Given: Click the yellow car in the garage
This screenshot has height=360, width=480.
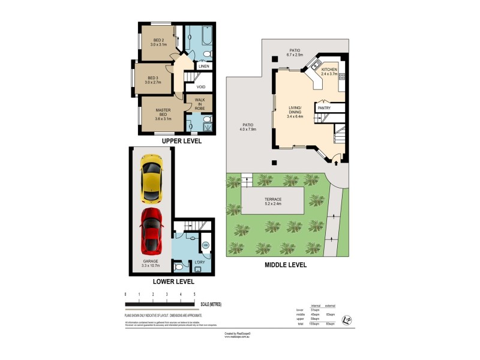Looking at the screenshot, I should (152, 178).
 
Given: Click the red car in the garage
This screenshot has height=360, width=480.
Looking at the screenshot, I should (152, 231).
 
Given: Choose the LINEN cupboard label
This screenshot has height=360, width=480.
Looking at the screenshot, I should (203, 67).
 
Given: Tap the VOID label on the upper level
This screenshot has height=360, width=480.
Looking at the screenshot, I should (200, 87).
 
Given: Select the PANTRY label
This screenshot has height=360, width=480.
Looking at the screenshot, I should (324, 108).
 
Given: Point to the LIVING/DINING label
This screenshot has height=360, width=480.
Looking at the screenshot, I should (295, 112).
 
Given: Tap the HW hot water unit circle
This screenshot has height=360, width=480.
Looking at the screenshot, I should (205, 245).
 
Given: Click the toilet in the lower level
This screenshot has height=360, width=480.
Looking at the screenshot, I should (179, 266).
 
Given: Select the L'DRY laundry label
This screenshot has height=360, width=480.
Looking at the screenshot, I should (200, 262).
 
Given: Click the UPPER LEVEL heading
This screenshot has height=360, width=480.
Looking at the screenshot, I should (181, 141).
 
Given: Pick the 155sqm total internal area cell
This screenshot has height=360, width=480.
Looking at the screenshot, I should (314, 324).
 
